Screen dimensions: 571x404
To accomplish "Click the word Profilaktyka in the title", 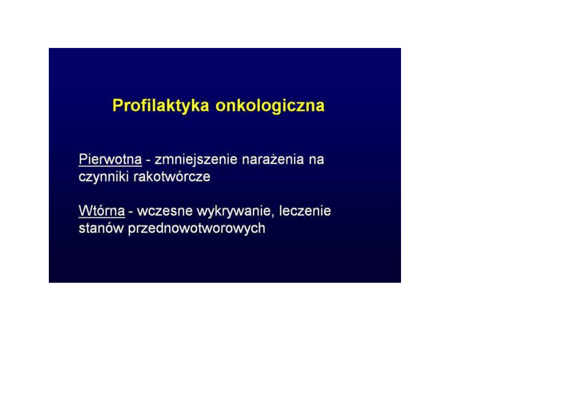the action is (161, 106).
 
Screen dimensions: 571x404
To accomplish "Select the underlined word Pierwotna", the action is (110, 159).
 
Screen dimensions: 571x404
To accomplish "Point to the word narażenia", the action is (273, 159).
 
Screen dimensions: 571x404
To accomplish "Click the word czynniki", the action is (104, 177).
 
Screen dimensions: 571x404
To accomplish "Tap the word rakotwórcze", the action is (172, 176).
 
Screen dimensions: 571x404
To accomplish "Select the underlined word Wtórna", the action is (102, 211).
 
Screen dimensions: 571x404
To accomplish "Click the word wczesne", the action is (165, 212).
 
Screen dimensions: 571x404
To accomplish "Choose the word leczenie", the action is (305, 211).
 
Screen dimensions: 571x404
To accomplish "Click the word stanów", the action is (101, 228).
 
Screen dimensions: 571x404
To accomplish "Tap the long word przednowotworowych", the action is (197, 228).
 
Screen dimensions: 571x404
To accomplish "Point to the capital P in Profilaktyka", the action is (118, 105).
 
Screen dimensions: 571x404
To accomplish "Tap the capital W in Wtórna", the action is (85, 211).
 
